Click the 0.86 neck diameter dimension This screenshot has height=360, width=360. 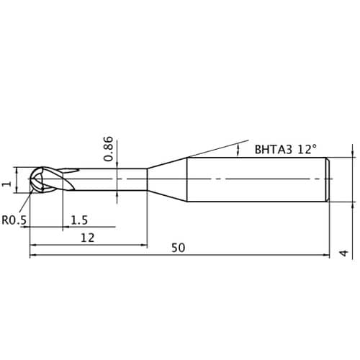coord(108,149)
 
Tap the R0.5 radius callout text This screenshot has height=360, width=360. coord(14,220)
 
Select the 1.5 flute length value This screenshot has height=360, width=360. coord(79,220)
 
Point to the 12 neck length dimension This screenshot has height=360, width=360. coord(88,238)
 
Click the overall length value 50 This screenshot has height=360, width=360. coord(178,248)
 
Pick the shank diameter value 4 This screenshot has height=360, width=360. coord(344,253)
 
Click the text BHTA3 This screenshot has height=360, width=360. coord(274,150)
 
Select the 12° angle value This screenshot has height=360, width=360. coord(307,149)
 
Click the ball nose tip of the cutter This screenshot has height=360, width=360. coord(30,179)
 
